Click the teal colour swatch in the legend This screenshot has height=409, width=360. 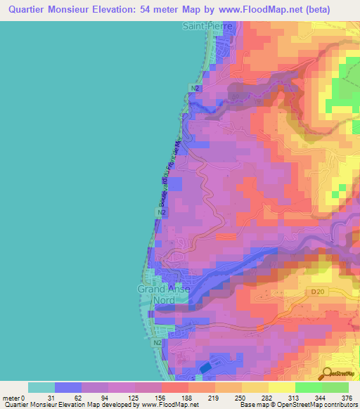coord(41,387)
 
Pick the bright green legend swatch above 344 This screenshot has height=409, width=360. coord(309,387)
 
